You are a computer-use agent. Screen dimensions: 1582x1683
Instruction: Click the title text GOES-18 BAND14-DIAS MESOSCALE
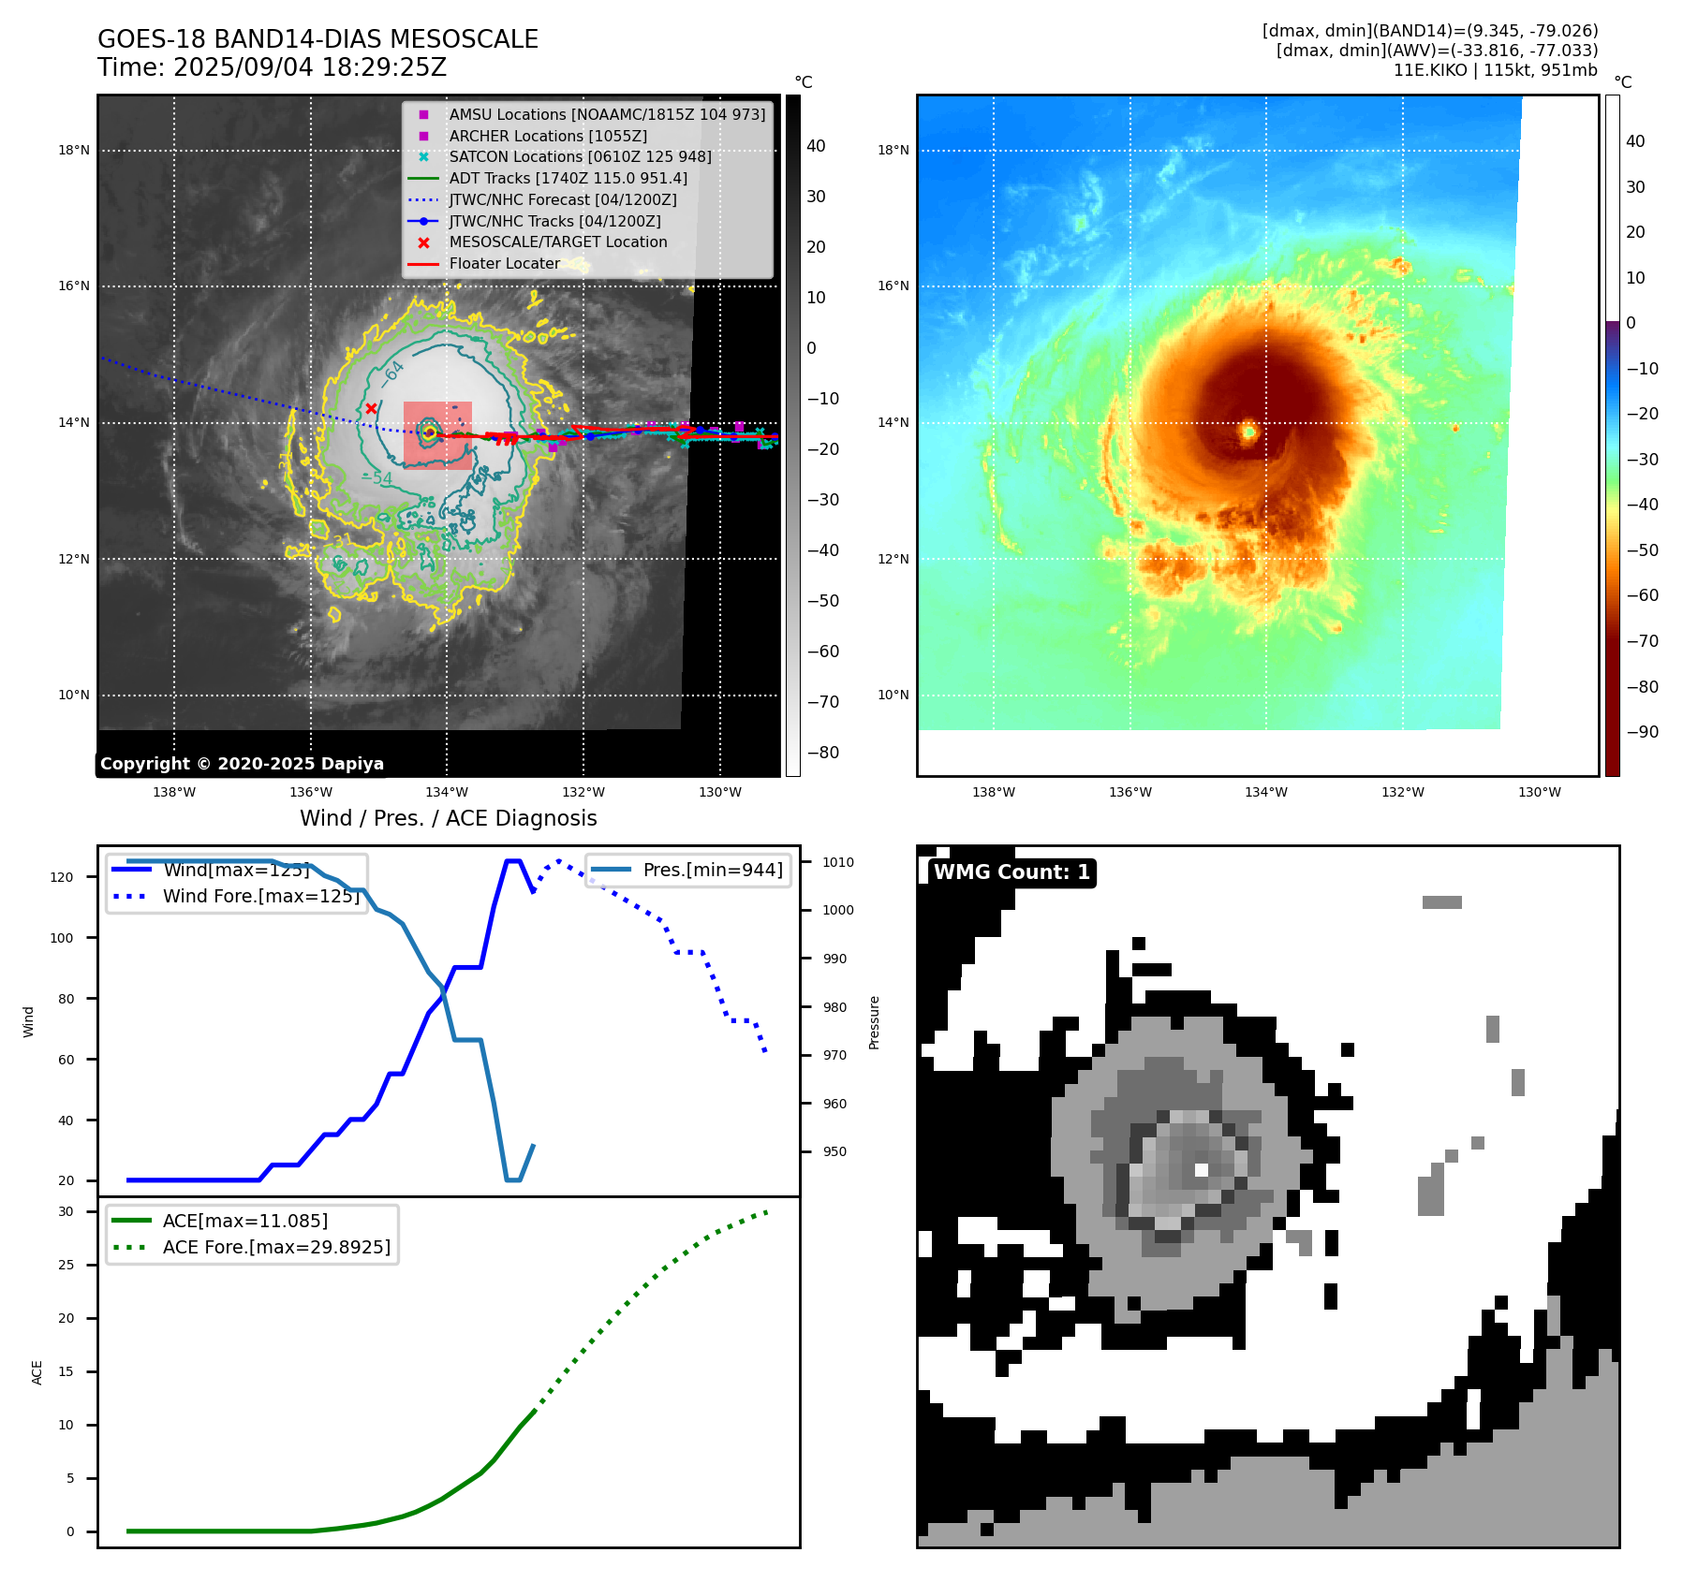pos(317,39)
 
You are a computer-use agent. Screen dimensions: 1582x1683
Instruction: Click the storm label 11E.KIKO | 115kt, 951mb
pos(1495,70)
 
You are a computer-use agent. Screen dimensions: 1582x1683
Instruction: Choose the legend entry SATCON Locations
pos(580,157)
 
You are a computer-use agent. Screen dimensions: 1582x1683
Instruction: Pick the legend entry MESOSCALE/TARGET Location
pos(557,242)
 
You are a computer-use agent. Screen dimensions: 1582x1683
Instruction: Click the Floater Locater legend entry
pos(504,264)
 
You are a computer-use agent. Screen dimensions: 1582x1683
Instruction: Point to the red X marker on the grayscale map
pos(371,408)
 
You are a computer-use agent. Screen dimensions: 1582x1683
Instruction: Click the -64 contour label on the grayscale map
pos(392,373)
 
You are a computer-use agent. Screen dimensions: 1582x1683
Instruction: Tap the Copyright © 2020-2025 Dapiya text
pos(242,764)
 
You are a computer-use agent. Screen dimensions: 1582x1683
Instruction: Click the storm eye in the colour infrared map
pos(1248,432)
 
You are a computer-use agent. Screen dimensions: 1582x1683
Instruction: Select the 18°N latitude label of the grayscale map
pos(74,150)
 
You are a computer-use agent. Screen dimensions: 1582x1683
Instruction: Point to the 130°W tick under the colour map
pos(1539,792)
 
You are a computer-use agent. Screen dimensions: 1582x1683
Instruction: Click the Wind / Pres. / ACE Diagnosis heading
pos(448,818)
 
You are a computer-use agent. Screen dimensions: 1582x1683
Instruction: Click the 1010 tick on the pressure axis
pos(838,862)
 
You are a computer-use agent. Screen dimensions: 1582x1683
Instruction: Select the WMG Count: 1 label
pos(1011,872)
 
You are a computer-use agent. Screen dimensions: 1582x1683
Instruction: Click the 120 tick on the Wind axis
pos(62,877)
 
